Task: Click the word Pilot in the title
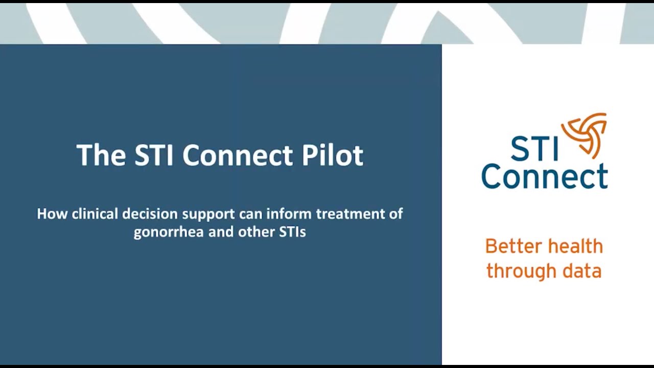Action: tap(333, 155)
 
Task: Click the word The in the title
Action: tap(101, 155)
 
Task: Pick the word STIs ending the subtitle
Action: tap(292, 232)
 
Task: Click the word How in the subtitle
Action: tap(52, 214)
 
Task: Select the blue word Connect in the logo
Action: tap(544, 176)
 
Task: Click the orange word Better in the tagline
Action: tap(511, 246)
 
